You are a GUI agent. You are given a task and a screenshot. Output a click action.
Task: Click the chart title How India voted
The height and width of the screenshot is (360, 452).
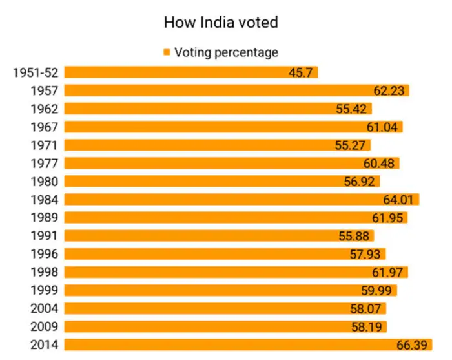pos(221,23)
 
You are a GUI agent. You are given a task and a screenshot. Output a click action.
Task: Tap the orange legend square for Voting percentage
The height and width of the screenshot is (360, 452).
pos(167,52)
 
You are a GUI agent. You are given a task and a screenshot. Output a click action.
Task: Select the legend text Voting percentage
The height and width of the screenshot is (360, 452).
pos(226,52)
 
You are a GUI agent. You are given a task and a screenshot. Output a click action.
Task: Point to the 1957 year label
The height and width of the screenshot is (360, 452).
pos(45,90)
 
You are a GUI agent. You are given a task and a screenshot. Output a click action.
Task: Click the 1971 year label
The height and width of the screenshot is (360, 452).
pos(45,145)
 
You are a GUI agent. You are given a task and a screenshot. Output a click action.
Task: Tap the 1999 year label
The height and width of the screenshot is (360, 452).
pos(45,290)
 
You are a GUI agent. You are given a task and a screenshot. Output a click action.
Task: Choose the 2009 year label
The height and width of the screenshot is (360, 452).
pos(45,326)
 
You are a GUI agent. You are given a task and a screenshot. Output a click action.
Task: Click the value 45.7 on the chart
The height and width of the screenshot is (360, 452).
pos(301,72)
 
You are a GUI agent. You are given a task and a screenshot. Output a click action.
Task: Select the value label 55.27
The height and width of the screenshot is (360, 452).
pos(351,145)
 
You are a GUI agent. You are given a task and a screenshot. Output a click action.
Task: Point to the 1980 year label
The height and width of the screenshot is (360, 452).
pos(45,181)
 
